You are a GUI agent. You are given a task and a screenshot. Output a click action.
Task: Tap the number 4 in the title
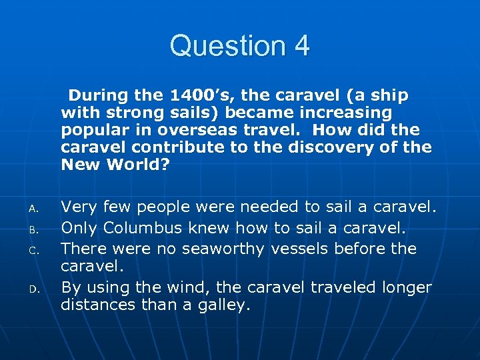pos(301,46)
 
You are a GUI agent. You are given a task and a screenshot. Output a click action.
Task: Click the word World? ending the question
pos(141,164)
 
